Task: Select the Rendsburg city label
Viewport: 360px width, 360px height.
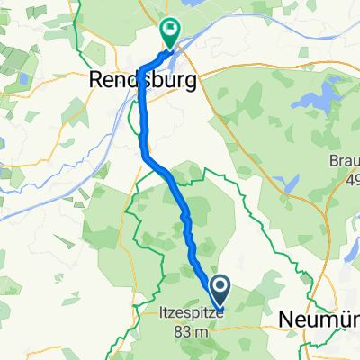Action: pyautogui.click(x=144, y=81)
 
